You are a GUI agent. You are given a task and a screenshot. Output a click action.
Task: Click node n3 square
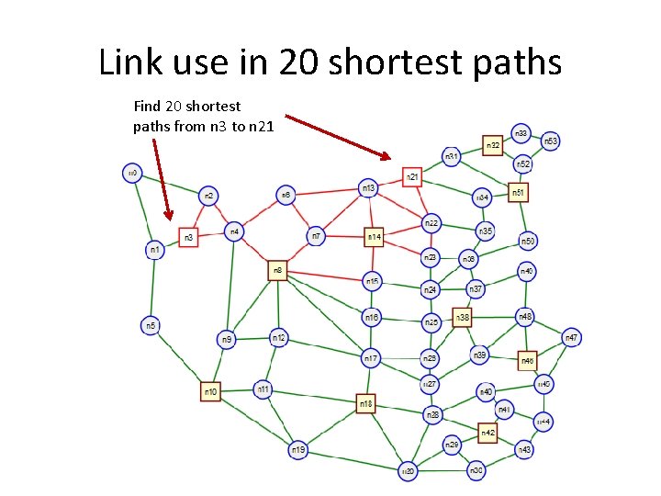(x=189, y=238)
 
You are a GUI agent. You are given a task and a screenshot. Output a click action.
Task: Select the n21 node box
(x=413, y=175)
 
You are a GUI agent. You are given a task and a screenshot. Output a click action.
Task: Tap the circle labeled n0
(x=131, y=172)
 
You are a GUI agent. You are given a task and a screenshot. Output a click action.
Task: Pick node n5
(x=151, y=325)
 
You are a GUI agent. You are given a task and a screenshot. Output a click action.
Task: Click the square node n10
(x=211, y=392)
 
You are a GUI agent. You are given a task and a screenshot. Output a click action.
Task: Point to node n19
(x=297, y=450)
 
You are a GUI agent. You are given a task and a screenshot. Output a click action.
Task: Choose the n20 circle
(x=409, y=471)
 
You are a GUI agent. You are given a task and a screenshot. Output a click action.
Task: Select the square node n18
(x=366, y=403)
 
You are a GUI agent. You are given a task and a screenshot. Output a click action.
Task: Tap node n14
(x=375, y=237)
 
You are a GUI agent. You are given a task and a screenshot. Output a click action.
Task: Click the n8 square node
(x=278, y=270)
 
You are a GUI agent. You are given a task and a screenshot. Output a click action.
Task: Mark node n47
(x=571, y=338)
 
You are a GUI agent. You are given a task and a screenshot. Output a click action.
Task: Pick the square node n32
(x=494, y=145)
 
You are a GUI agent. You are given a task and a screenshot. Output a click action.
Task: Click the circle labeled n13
(x=368, y=188)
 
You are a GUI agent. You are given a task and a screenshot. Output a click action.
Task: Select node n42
(x=487, y=432)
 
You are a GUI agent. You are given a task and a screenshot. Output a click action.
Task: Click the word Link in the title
(x=128, y=62)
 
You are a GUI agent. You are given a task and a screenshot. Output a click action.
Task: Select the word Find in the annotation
(x=148, y=107)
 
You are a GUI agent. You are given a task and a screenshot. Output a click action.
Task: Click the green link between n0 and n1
(x=143, y=210)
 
